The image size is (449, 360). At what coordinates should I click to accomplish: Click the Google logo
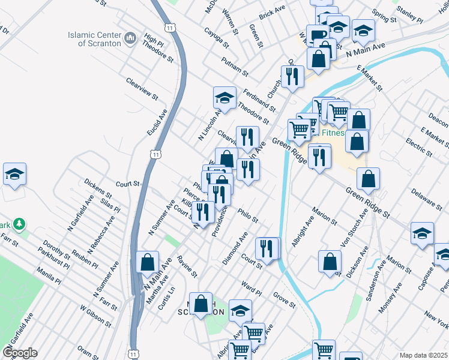tap(20, 352)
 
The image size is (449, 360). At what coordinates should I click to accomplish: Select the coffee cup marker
tap(317, 35)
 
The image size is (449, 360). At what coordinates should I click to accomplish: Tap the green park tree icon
tap(20, 224)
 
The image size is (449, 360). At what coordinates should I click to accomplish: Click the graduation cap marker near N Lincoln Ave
tap(225, 98)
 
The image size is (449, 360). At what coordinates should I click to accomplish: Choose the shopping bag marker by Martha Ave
tap(147, 262)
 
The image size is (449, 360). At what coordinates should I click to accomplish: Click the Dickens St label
tap(98, 188)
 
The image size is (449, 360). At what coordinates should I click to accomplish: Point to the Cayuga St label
tap(216, 38)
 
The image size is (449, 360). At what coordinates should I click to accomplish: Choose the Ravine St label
tap(187, 266)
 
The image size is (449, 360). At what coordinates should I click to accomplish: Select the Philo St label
tap(247, 215)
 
